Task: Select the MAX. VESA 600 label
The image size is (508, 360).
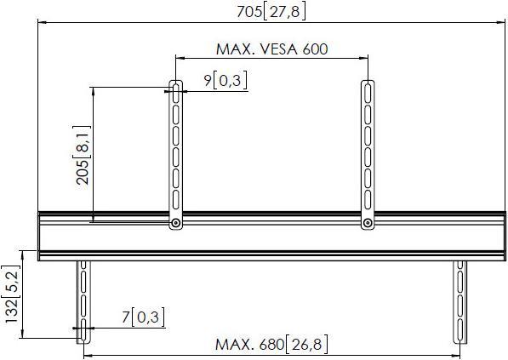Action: (271, 49)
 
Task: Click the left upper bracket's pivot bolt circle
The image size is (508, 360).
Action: (175, 223)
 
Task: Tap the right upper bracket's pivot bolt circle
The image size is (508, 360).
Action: (367, 223)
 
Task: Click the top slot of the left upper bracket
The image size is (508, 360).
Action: (175, 92)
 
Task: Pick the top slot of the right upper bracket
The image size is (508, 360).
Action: (367, 92)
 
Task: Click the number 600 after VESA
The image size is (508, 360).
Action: (314, 49)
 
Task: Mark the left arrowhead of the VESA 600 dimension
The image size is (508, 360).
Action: (178, 58)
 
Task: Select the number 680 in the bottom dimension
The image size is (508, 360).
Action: (270, 345)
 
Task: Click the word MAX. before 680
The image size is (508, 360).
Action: (232, 345)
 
